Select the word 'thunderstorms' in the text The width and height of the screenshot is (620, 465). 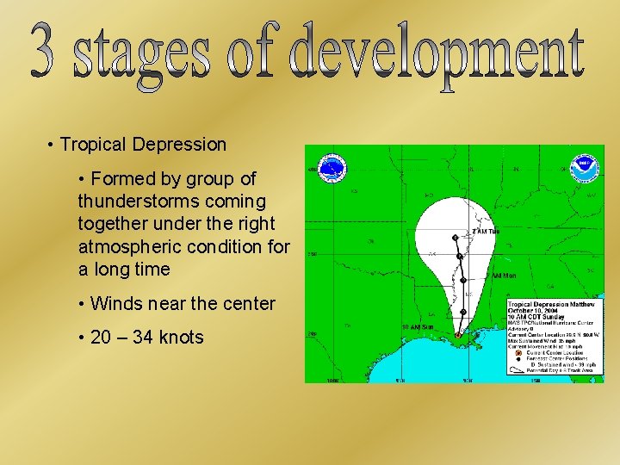coord(130,201)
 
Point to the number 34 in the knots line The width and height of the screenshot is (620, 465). coord(143,337)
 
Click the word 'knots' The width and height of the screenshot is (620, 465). coord(181,337)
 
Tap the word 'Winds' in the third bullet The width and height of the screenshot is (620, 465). coord(115,303)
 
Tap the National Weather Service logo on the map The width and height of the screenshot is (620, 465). coord(332,168)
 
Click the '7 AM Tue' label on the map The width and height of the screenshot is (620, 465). coord(485,232)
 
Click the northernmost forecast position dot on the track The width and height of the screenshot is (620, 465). coord(455,237)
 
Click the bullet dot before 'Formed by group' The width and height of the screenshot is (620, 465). coord(80,179)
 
